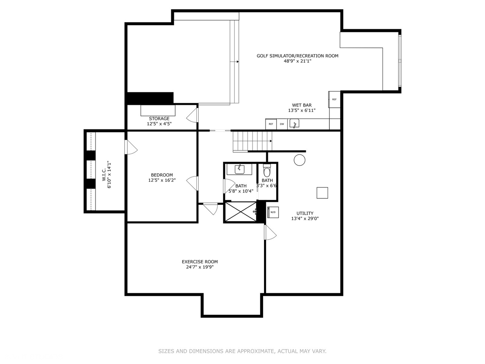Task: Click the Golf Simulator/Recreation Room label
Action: click(x=297, y=56)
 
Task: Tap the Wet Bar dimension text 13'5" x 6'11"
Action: click(x=301, y=111)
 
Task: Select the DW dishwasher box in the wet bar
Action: click(x=282, y=124)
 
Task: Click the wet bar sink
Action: click(x=294, y=124)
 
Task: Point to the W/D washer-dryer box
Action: click(x=273, y=212)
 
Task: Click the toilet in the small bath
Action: click(x=267, y=172)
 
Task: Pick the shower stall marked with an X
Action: click(x=240, y=212)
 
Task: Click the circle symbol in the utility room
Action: click(x=299, y=160)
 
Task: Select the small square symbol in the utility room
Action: click(x=322, y=193)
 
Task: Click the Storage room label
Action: click(x=159, y=119)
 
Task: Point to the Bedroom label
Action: click(x=162, y=175)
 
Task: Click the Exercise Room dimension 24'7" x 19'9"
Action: click(x=200, y=267)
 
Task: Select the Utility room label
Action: click(x=305, y=213)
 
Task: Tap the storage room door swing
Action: click(x=192, y=115)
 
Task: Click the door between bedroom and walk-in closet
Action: click(x=130, y=147)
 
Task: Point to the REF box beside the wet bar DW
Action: click(x=271, y=124)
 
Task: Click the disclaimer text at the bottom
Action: click(x=242, y=351)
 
